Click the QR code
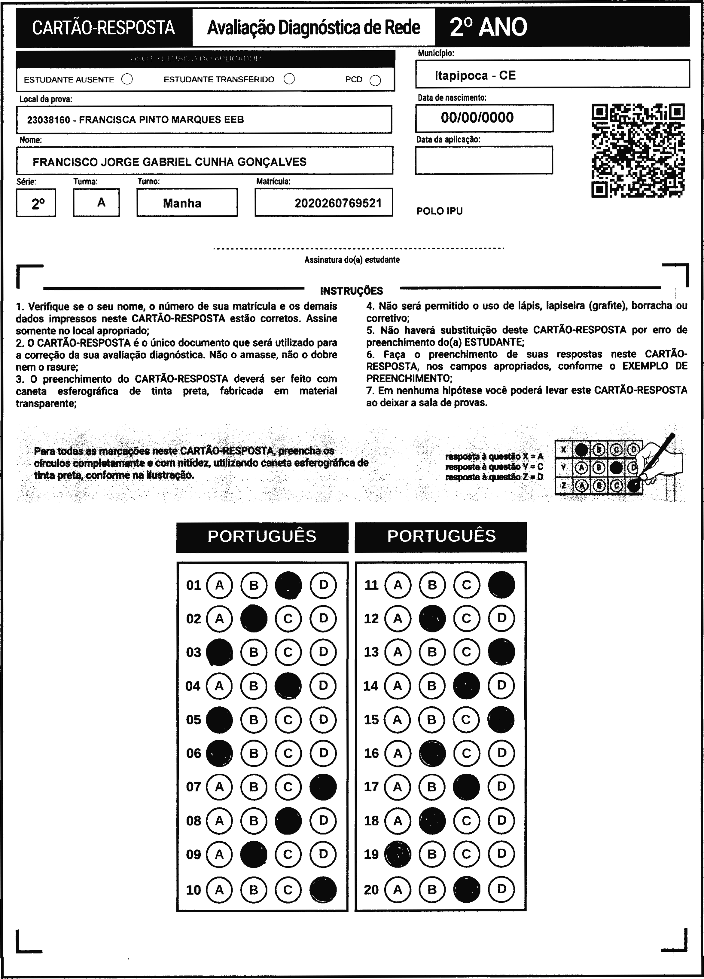(638, 150)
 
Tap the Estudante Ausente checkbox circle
(127, 79)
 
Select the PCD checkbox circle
(375, 80)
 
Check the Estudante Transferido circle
(289, 79)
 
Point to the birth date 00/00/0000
(477, 118)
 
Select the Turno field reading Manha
(182, 203)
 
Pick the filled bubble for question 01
(288, 585)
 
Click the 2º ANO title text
(488, 27)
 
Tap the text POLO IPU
(440, 211)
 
